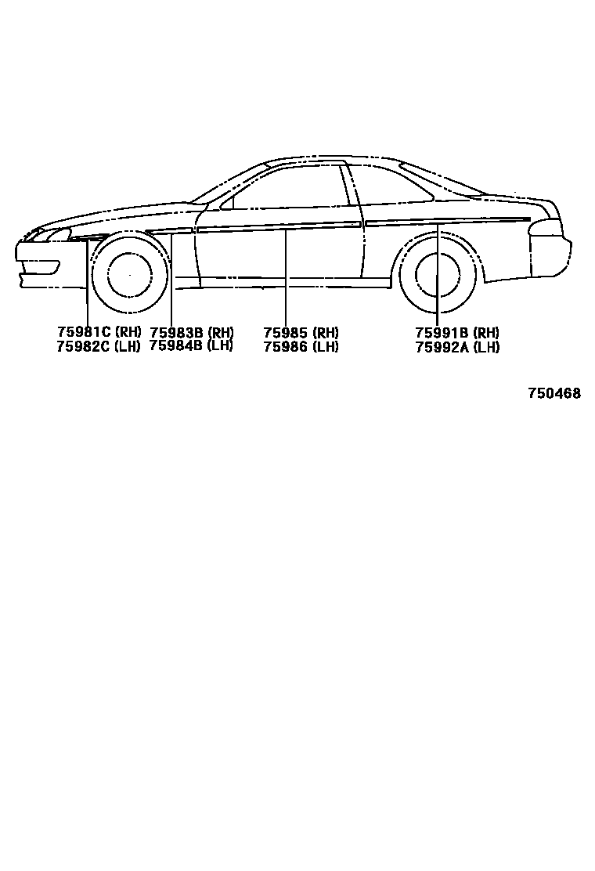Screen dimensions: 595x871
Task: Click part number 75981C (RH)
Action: coord(99,332)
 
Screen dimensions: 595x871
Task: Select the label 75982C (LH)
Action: coord(99,346)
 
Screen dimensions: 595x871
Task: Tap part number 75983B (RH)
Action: coord(191,332)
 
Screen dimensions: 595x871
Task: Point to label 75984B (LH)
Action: coord(191,345)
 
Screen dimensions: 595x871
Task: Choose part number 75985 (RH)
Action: coord(301,332)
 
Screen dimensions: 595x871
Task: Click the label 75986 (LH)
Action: coord(301,346)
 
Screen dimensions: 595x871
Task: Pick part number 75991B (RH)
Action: coord(457,332)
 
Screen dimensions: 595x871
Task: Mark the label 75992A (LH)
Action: coord(457,346)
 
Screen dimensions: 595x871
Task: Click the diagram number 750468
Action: coord(554,393)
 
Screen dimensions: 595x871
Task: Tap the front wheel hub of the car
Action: coord(130,275)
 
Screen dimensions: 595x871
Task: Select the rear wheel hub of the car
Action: coord(438,276)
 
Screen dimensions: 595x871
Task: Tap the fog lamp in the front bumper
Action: coord(49,266)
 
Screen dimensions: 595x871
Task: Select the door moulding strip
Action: coord(279,226)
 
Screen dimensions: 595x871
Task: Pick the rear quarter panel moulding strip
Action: coord(446,220)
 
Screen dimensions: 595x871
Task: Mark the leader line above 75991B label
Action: coord(438,266)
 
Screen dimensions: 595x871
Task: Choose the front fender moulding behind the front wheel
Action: coord(169,232)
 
